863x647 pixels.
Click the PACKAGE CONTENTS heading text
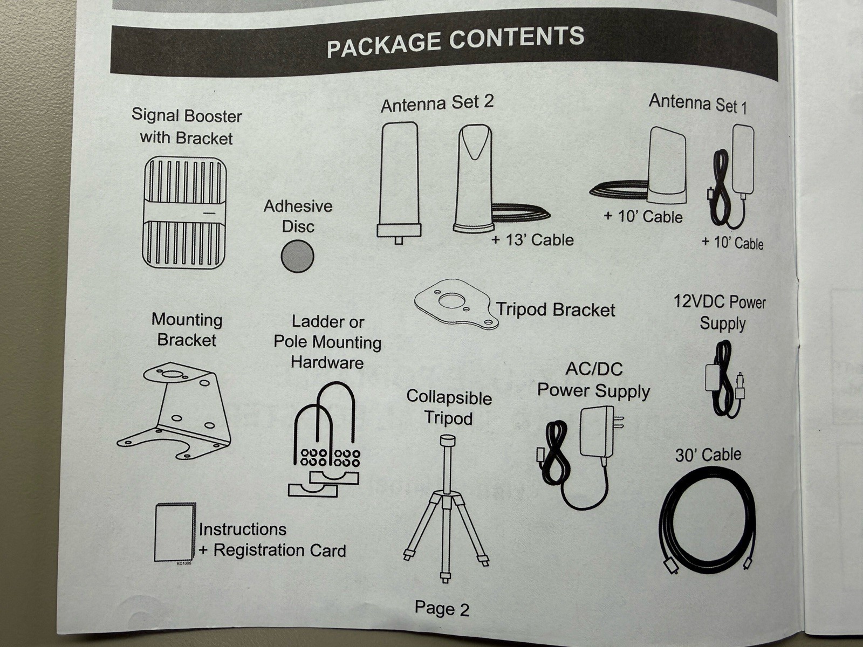coord(455,41)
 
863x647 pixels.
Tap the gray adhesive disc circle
coord(297,256)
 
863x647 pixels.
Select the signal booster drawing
coord(184,212)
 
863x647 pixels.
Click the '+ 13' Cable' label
coord(532,239)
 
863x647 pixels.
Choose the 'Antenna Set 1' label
coord(698,103)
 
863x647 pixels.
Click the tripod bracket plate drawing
coord(456,304)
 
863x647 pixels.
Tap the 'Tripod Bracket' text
coord(556,309)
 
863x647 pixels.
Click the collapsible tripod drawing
coord(446,507)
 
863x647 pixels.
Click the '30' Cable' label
coord(708,455)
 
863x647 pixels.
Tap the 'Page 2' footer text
coord(442,609)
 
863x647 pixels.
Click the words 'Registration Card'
coord(279,550)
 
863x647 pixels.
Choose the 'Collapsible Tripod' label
coord(449,407)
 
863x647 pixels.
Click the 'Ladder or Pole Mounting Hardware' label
coord(327,342)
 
